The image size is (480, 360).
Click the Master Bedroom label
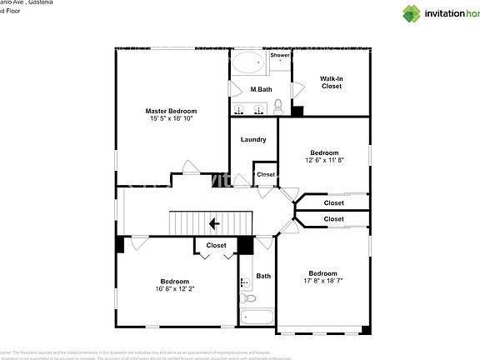(x=171, y=111)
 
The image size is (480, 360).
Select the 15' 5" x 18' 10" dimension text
(x=171, y=119)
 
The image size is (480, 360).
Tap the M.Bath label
(x=261, y=89)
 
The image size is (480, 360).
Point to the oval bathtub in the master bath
(x=247, y=63)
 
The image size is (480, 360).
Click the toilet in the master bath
(x=278, y=107)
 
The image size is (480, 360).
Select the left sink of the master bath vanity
(x=239, y=109)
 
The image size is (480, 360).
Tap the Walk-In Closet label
(x=332, y=82)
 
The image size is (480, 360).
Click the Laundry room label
(x=252, y=140)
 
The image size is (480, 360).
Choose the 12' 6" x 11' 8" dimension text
(x=324, y=160)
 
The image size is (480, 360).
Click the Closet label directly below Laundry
(x=266, y=174)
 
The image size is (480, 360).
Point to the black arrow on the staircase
(x=214, y=223)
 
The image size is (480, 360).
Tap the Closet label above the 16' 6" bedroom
(x=216, y=245)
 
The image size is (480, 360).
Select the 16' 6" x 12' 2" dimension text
(x=175, y=289)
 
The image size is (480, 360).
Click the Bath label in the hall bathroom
(x=263, y=276)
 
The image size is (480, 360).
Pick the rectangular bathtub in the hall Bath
(x=257, y=317)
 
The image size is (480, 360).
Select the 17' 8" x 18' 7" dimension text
(x=322, y=282)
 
